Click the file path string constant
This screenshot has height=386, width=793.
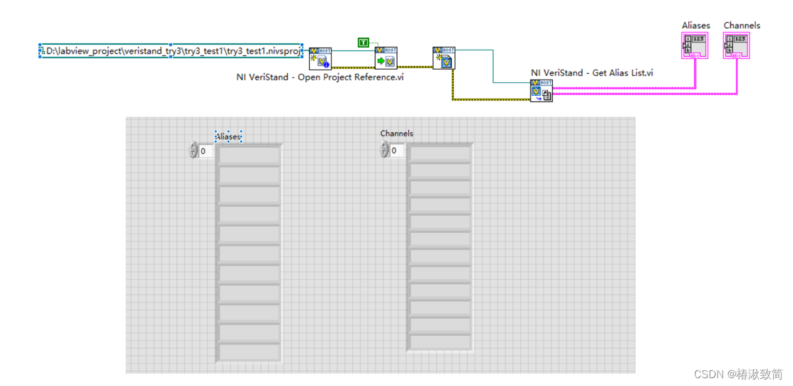[x=173, y=51]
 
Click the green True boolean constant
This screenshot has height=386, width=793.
[x=363, y=43]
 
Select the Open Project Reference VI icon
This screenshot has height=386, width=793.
[x=320, y=58]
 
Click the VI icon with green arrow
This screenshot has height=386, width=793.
[x=385, y=58]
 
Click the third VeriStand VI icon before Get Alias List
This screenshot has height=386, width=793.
[x=443, y=58]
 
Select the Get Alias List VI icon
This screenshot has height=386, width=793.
[x=541, y=91]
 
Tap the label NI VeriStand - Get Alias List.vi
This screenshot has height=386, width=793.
[x=591, y=73]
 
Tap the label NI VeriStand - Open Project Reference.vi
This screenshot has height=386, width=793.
[x=320, y=77]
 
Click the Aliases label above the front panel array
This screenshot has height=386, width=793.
[x=228, y=137]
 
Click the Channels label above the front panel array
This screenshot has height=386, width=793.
[x=396, y=134]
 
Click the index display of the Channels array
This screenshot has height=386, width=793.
[x=396, y=151]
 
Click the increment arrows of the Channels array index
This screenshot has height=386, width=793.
[x=384, y=151]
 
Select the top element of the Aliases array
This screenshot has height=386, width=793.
[x=249, y=155]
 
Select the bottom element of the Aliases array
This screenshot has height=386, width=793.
[x=249, y=352]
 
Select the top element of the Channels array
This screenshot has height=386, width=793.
[x=440, y=154]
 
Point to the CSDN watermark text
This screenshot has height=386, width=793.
[x=738, y=374]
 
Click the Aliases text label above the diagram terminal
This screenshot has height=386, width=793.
[x=695, y=25]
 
